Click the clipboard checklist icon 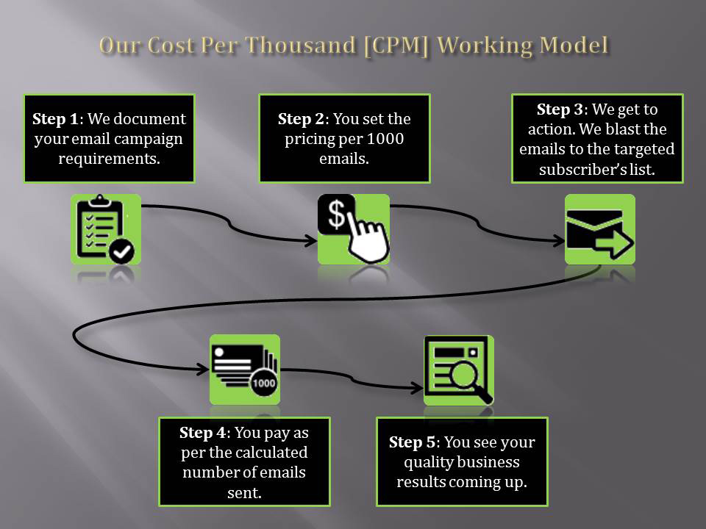tap(106, 229)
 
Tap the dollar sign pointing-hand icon tap(353, 229)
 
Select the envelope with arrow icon tap(599, 229)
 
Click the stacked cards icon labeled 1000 tap(244, 369)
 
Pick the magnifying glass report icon tap(459, 370)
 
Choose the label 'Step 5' tap(411, 442)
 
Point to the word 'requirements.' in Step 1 tap(109, 157)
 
